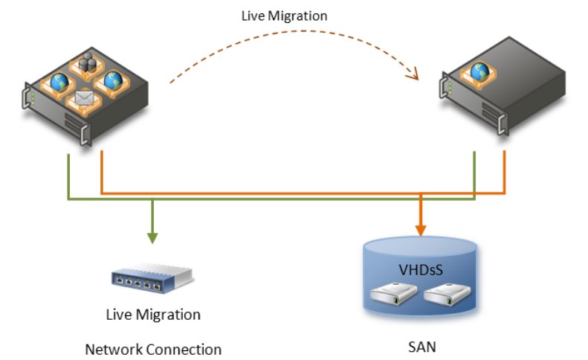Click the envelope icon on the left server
coord(84,98)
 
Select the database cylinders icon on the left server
coord(88,62)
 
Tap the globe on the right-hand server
coord(479,72)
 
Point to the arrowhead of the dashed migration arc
coord(413,74)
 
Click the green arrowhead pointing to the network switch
coord(152,238)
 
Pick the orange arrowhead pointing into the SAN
coord(421,230)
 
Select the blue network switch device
coord(152,278)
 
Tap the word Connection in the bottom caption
coord(184,350)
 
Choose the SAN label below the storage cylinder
coord(422,347)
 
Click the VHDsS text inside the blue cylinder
coord(421,269)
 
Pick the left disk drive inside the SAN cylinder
coord(393,294)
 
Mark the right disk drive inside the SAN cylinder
coord(447,294)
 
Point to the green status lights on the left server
coord(33,97)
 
